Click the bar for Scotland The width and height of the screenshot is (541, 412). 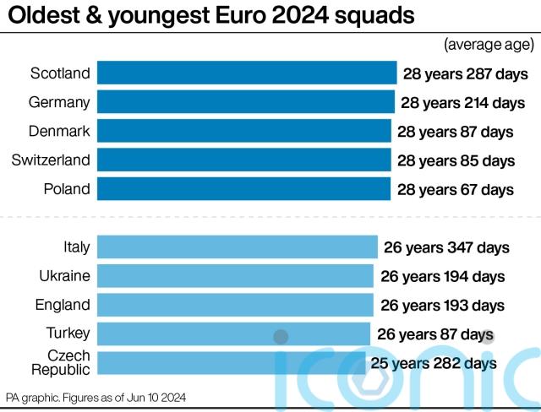[x=247, y=73]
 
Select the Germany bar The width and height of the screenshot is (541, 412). [x=245, y=102]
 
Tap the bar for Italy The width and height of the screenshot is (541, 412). [x=238, y=247]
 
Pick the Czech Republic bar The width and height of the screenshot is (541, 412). [x=232, y=363]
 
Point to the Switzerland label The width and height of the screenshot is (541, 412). [x=51, y=160]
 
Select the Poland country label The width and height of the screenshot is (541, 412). [x=67, y=189]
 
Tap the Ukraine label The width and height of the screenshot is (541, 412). [x=64, y=276]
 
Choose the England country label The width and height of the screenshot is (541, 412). [x=63, y=305]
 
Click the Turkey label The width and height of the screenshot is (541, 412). [x=68, y=333]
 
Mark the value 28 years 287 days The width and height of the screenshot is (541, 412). [x=466, y=73]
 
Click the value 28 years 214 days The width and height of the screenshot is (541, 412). [x=463, y=103]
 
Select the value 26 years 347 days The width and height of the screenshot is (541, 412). [x=446, y=247]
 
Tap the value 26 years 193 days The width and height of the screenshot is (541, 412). [x=443, y=305]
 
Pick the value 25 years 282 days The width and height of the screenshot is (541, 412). [x=434, y=364]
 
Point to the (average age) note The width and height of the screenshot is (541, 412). [x=489, y=44]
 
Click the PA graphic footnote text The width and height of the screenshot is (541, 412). [x=96, y=397]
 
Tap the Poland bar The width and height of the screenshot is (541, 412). [x=243, y=189]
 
